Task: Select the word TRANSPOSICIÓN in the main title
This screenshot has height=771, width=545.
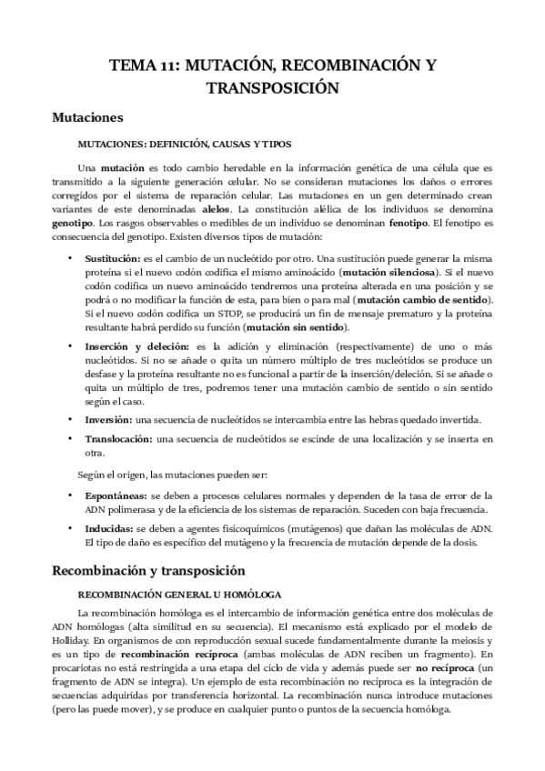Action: pos(272,87)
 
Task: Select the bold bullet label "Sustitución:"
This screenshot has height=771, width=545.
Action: pos(113,259)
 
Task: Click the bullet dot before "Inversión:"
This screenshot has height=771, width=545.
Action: pos(70,418)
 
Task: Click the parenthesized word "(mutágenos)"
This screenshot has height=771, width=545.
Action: pos(310,528)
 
